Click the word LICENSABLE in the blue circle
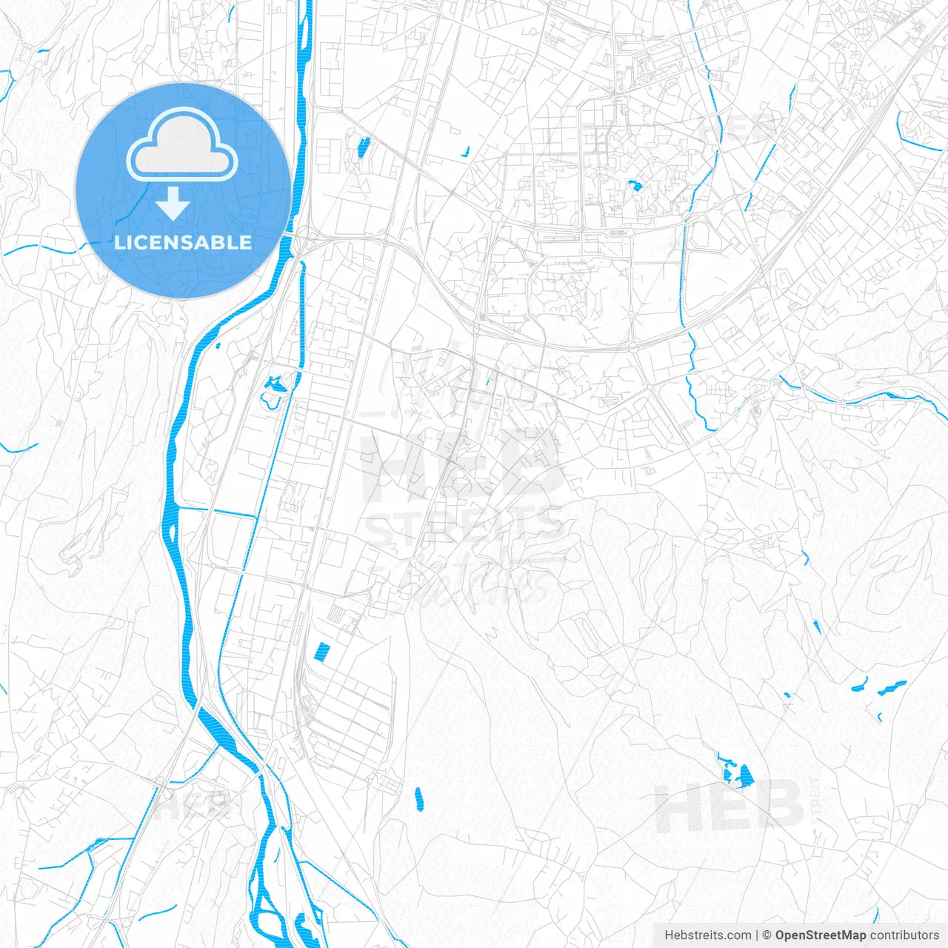pyautogui.click(x=183, y=242)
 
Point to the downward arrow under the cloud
pyautogui.click(x=173, y=204)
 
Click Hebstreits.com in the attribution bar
pyautogui.click(x=707, y=935)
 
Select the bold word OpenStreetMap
pyautogui.click(x=820, y=935)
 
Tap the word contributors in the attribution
pyautogui.click(x=904, y=935)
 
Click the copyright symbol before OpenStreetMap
pyautogui.click(x=767, y=935)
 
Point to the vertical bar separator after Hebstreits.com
pyautogui.click(x=757, y=935)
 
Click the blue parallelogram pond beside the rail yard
pyautogui.click(x=321, y=652)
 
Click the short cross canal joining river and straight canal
pyautogui.click(x=216, y=512)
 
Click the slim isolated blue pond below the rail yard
pyautogui.click(x=418, y=798)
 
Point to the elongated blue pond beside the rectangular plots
pyautogui.click(x=363, y=148)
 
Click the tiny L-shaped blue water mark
pyautogui.click(x=465, y=153)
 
